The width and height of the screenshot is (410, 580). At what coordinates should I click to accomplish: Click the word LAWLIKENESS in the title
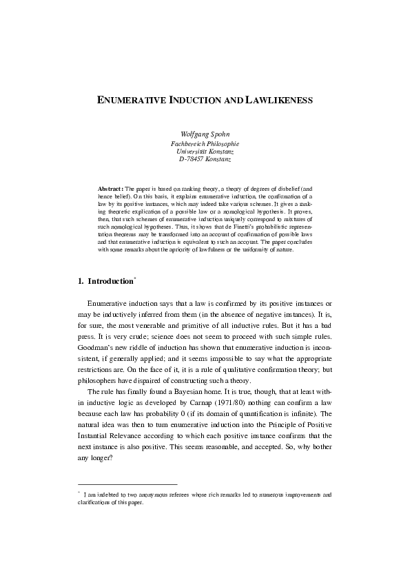(278, 101)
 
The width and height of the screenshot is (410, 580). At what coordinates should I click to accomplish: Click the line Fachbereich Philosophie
(204, 143)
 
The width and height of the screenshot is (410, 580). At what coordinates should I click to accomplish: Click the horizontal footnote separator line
(127, 484)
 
